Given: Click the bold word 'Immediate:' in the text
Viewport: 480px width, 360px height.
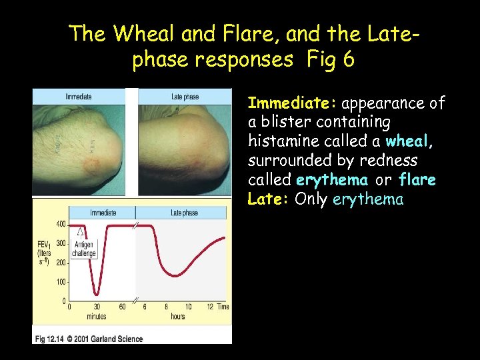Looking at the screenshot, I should point(293,103).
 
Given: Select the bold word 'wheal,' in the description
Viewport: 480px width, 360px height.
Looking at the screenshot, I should point(410,142).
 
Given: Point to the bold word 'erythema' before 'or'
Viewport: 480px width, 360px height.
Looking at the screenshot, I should point(332,180).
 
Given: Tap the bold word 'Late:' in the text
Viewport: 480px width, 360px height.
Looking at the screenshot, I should point(269,199).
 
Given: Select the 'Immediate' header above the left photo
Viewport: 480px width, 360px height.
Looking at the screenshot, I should point(79,97).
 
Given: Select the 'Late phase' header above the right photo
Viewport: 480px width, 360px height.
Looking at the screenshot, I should point(185,97).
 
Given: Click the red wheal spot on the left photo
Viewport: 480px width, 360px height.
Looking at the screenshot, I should point(91,161).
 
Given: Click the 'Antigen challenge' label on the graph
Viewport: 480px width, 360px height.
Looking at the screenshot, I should point(84,249).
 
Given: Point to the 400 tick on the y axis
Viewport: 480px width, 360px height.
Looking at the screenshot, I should point(61,224).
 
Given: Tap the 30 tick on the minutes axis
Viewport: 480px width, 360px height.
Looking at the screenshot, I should point(97,307).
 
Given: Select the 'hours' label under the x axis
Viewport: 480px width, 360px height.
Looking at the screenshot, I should point(177,317).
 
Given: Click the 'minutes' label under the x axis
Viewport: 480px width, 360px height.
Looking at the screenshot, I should point(97,317).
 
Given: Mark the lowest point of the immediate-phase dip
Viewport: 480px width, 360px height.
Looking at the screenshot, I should point(97,293).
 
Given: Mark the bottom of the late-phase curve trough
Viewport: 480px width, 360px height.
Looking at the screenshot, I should point(175,275).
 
